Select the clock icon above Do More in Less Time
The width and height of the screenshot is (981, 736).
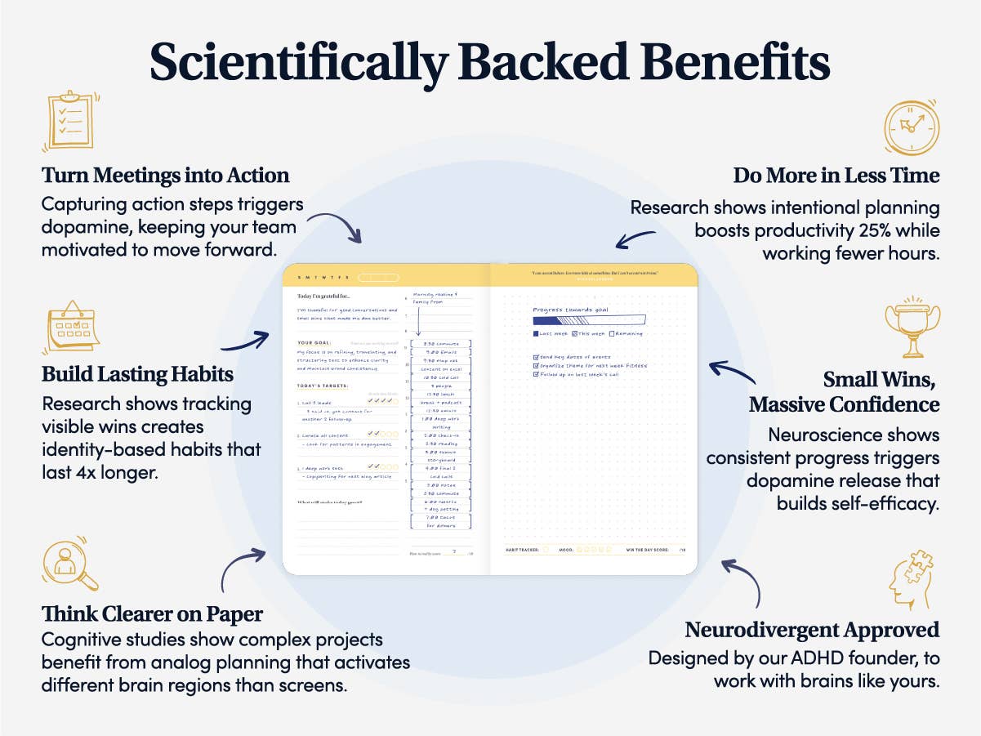(912, 127)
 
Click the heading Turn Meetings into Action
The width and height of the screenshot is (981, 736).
(166, 176)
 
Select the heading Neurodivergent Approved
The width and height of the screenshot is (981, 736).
(812, 631)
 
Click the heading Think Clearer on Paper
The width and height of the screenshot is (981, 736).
(152, 613)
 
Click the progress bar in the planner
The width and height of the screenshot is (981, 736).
(589, 320)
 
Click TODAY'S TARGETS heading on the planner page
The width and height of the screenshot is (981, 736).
(323, 386)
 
